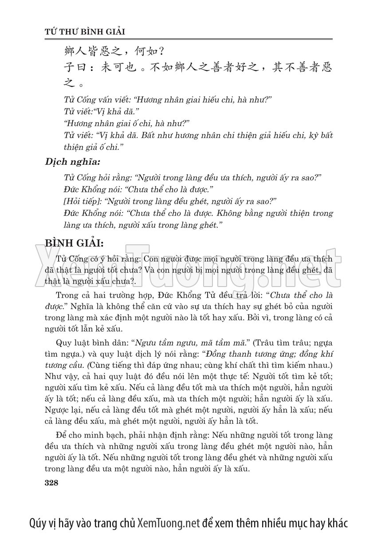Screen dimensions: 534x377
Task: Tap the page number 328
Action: click(52, 483)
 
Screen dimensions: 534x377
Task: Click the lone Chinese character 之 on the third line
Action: click(66, 83)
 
